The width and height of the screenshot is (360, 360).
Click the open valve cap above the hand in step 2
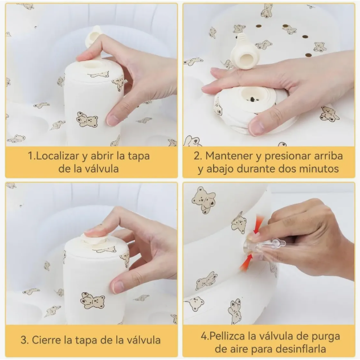[245, 52]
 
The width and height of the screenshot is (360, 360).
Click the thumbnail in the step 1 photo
[113, 120]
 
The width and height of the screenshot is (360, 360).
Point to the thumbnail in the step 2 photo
[256, 128]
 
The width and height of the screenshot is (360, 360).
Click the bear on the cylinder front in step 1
[87, 120]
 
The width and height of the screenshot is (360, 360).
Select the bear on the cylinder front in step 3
[92, 300]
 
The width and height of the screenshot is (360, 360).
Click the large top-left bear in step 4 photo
[204, 199]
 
